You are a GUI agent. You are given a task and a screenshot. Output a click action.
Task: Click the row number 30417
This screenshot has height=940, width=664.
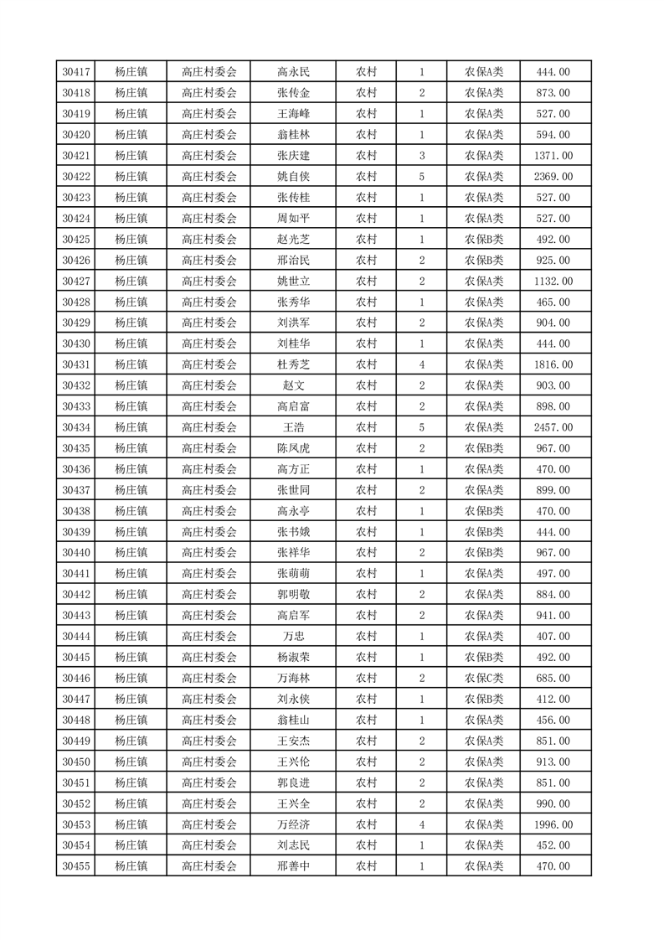click(76, 72)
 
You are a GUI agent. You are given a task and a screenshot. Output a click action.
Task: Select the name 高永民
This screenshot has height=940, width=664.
click(293, 72)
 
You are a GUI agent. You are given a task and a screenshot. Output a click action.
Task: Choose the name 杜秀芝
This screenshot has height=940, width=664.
click(293, 364)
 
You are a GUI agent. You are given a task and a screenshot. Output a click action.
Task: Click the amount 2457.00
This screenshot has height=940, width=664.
click(553, 427)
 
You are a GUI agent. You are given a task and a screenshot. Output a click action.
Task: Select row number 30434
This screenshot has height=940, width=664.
click(76, 427)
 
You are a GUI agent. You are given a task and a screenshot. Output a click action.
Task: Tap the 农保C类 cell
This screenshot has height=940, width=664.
click(484, 679)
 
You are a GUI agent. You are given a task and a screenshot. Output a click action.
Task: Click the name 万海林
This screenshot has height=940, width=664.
click(293, 679)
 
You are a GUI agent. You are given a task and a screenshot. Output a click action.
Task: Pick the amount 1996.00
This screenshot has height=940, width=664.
click(553, 825)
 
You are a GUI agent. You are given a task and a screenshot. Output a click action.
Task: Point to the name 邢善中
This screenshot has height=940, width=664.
click(293, 866)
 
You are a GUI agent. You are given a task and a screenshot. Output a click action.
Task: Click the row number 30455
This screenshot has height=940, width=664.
click(76, 866)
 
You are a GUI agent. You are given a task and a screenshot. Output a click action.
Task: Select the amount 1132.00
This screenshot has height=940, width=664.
click(553, 281)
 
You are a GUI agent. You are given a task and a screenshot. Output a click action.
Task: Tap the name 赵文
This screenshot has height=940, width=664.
click(293, 385)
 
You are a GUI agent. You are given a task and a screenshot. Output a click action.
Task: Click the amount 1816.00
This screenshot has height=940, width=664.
click(553, 364)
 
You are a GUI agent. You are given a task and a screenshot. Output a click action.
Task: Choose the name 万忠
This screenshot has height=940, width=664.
click(293, 637)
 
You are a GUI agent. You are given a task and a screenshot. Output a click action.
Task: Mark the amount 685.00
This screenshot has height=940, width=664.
click(553, 679)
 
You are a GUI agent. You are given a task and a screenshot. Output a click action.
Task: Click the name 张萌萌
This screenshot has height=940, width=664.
click(293, 574)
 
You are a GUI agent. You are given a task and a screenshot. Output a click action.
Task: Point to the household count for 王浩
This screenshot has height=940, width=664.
click(421, 427)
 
